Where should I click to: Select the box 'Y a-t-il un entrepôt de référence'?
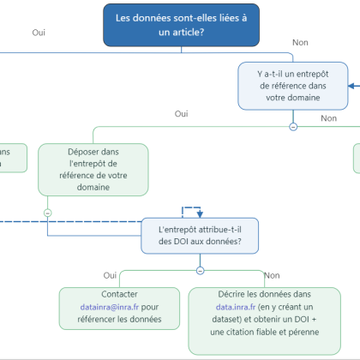point(294,85)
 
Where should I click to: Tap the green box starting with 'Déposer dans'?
point(93,168)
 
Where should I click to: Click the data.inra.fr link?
point(238,307)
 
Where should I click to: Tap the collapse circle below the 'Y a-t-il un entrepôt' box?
point(293,126)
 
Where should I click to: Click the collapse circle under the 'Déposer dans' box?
point(47,212)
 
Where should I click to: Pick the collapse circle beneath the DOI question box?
point(200,269)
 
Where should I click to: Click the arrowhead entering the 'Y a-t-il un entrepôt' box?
point(352,85)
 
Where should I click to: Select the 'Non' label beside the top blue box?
point(300,42)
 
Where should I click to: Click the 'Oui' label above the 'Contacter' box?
point(110,275)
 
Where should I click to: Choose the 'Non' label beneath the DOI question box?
point(272,275)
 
